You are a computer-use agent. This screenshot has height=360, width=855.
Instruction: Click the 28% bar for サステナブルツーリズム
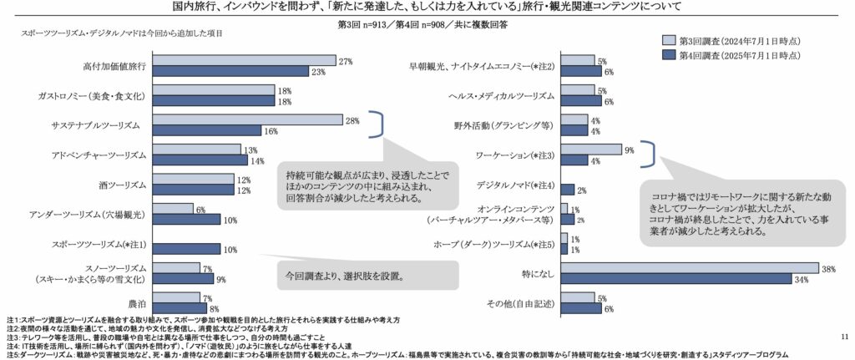[x=247, y=120]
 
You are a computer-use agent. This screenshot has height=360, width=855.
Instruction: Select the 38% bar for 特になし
[x=689, y=268]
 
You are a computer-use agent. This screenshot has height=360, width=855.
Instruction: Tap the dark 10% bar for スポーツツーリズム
[x=186, y=248]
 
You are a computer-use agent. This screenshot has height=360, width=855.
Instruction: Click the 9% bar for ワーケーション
[x=590, y=150]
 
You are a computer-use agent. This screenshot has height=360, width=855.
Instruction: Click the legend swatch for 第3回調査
[x=668, y=39]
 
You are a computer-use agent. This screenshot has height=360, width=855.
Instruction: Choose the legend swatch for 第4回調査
[x=668, y=54]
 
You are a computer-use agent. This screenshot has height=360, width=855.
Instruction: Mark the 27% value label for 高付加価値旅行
[x=345, y=61]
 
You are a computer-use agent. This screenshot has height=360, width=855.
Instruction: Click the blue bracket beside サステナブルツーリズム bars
[x=377, y=125]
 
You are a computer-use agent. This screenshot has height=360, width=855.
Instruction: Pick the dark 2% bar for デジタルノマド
[x=566, y=190]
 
